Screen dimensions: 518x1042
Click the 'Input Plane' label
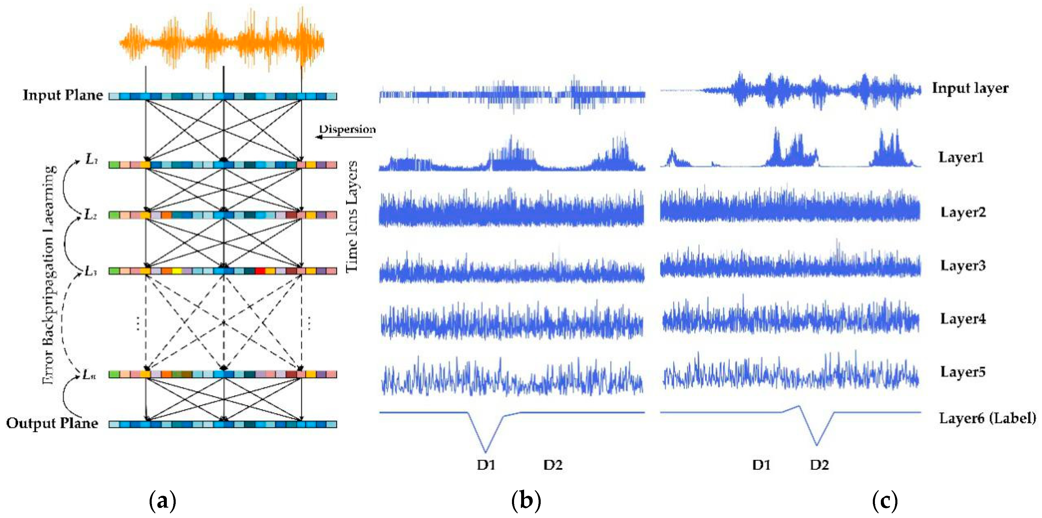point(63,95)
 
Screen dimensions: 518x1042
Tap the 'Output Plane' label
point(52,423)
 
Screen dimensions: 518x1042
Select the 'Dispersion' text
point(347,129)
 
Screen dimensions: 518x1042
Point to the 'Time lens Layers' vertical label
point(352,217)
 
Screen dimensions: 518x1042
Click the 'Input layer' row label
point(970,88)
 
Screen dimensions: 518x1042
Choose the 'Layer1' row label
point(961,157)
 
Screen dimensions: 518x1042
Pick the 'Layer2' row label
point(963,212)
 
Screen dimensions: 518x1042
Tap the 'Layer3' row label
point(963,266)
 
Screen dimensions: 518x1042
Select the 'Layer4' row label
point(963,319)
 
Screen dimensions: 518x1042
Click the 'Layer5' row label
point(963,372)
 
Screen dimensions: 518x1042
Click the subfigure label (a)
point(163,501)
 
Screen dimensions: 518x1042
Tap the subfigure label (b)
point(526,501)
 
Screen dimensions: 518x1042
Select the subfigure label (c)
point(885,501)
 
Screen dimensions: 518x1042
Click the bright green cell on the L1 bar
point(114,165)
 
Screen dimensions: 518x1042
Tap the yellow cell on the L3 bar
point(177,271)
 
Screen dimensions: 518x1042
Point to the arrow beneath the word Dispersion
point(344,137)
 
